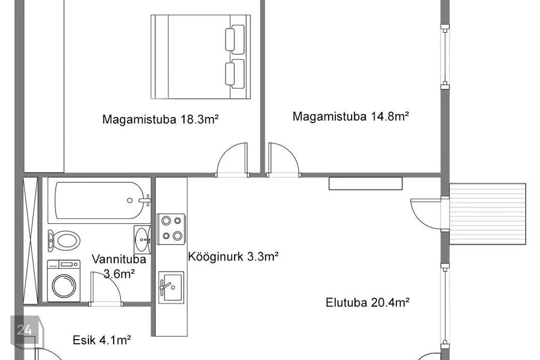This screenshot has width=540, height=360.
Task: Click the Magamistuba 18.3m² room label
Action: [160, 119]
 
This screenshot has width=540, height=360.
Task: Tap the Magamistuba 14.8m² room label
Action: [350, 116]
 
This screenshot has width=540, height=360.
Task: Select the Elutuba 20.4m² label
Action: [367, 303]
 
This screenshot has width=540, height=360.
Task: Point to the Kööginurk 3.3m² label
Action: [233, 256]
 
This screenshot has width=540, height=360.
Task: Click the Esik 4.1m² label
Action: [102, 340]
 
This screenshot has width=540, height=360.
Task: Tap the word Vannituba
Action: [119, 259]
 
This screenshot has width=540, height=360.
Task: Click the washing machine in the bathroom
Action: [64, 281]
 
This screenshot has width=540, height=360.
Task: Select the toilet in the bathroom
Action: [64, 240]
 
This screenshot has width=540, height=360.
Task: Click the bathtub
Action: [100, 200]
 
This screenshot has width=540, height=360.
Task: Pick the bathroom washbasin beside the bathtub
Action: [142, 240]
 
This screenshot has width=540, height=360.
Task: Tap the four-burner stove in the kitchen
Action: [171, 229]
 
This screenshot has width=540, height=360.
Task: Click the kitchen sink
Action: [171, 287]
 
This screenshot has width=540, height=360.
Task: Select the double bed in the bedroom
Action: [201, 57]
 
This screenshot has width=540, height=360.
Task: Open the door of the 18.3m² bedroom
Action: [232, 160]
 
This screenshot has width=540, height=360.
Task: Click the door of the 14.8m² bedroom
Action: [283, 160]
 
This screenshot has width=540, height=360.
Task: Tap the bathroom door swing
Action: [106, 289]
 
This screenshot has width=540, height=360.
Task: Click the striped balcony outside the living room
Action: [488, 214]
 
